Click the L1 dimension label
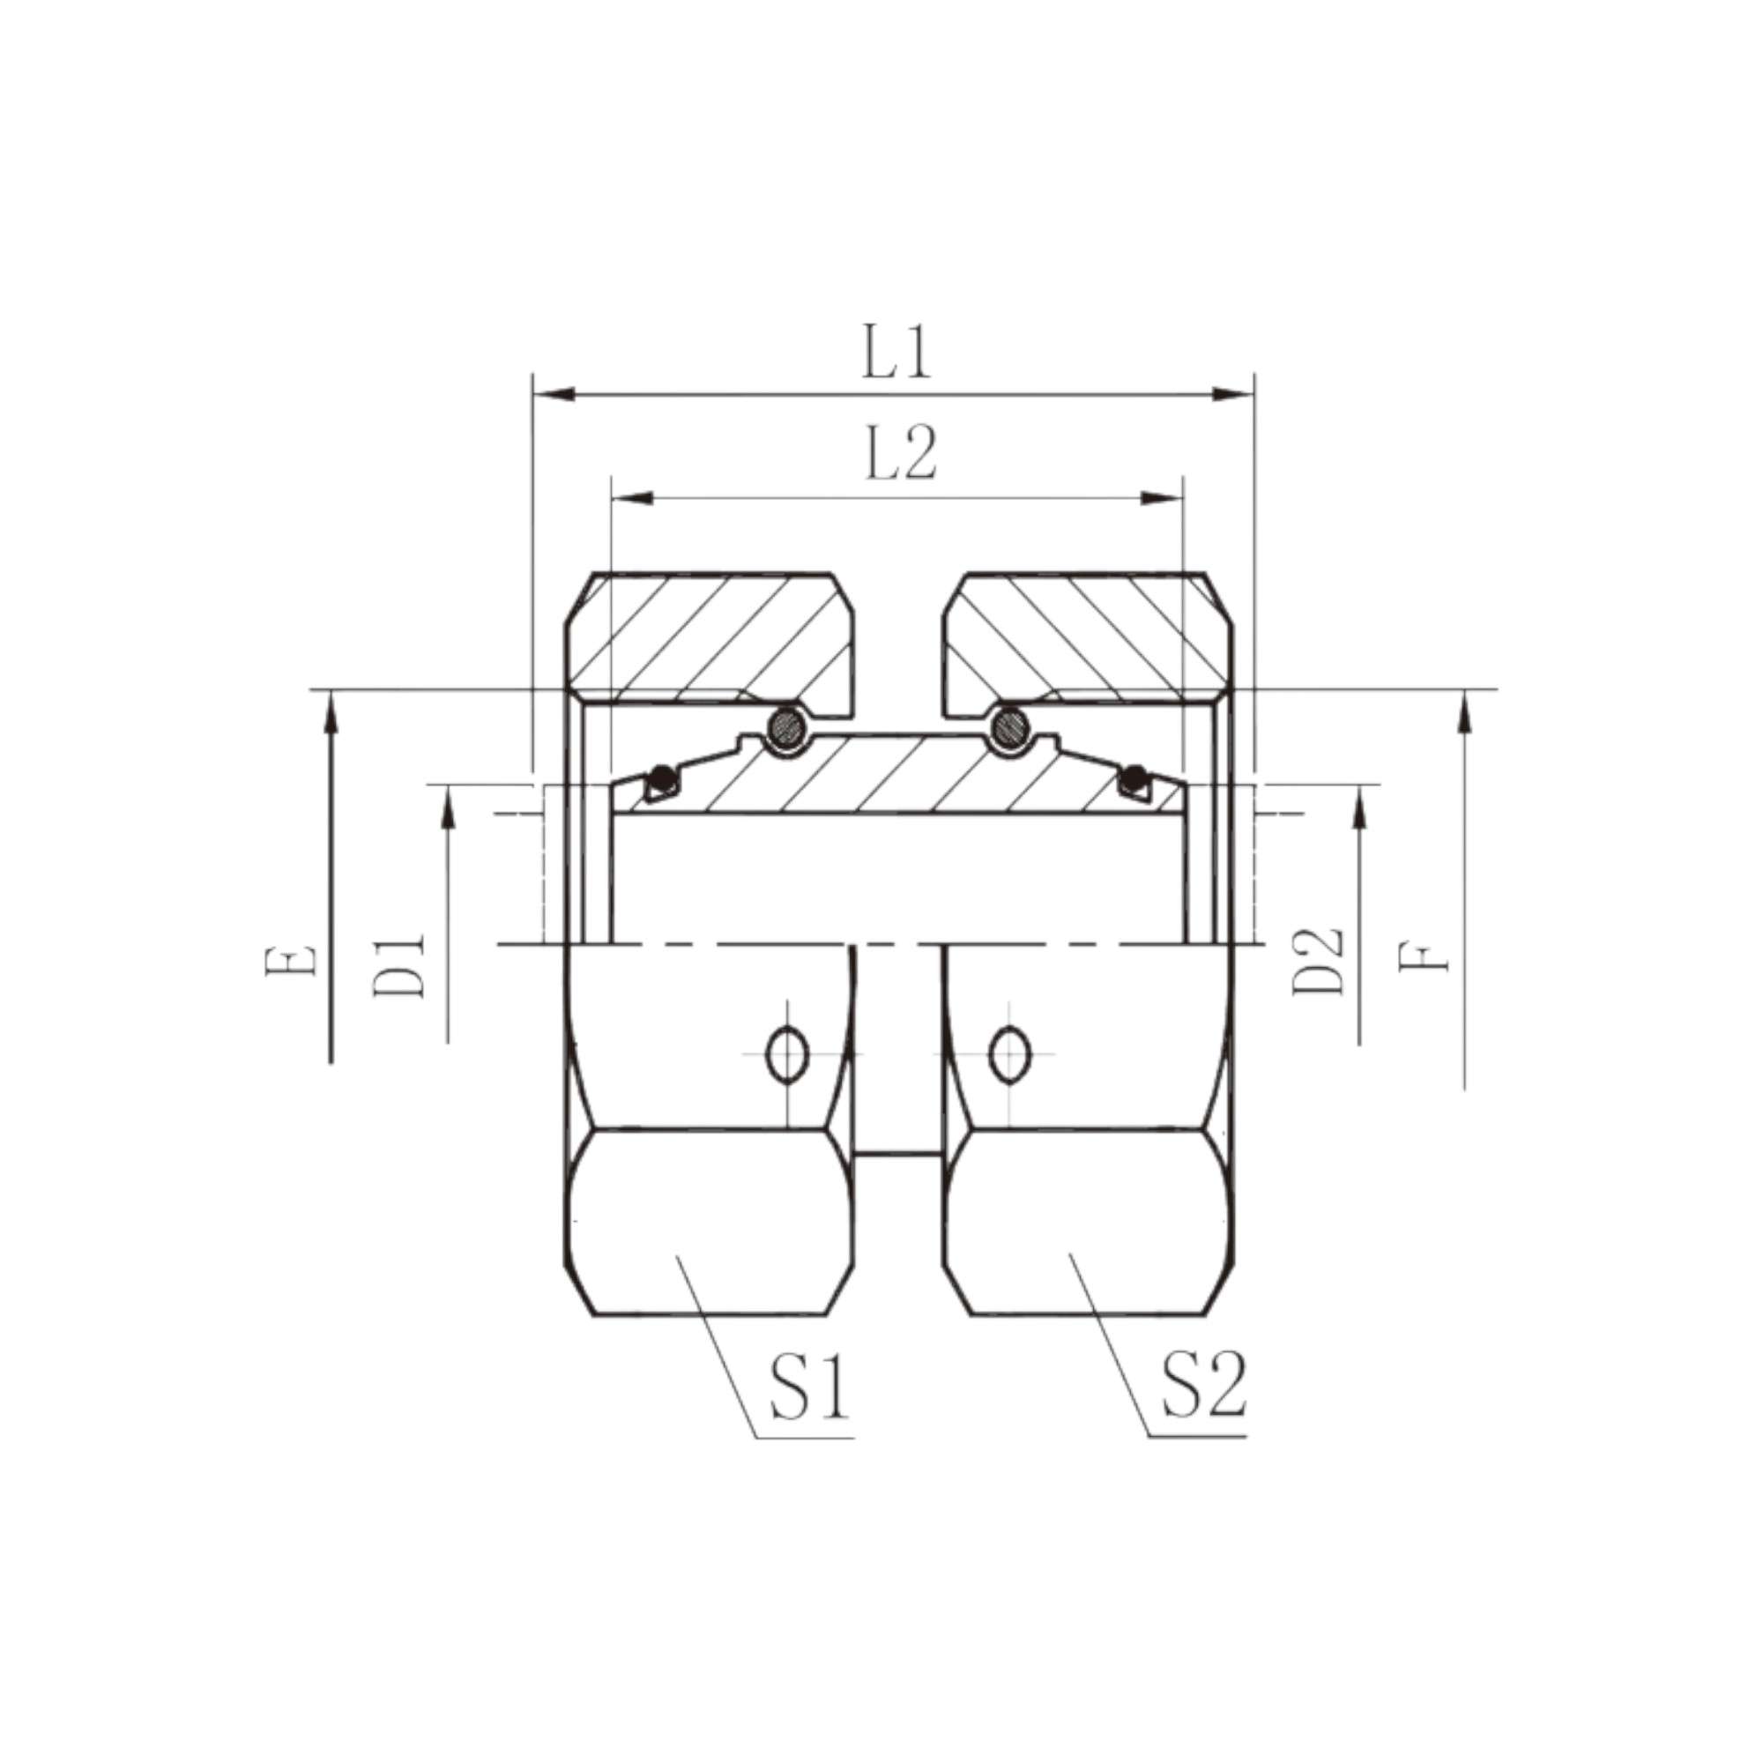[897, 355]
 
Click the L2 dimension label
[900, 456]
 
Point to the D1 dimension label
[398, 963]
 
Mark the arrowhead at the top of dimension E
[331, 712]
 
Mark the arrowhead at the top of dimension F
[1466, 712]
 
